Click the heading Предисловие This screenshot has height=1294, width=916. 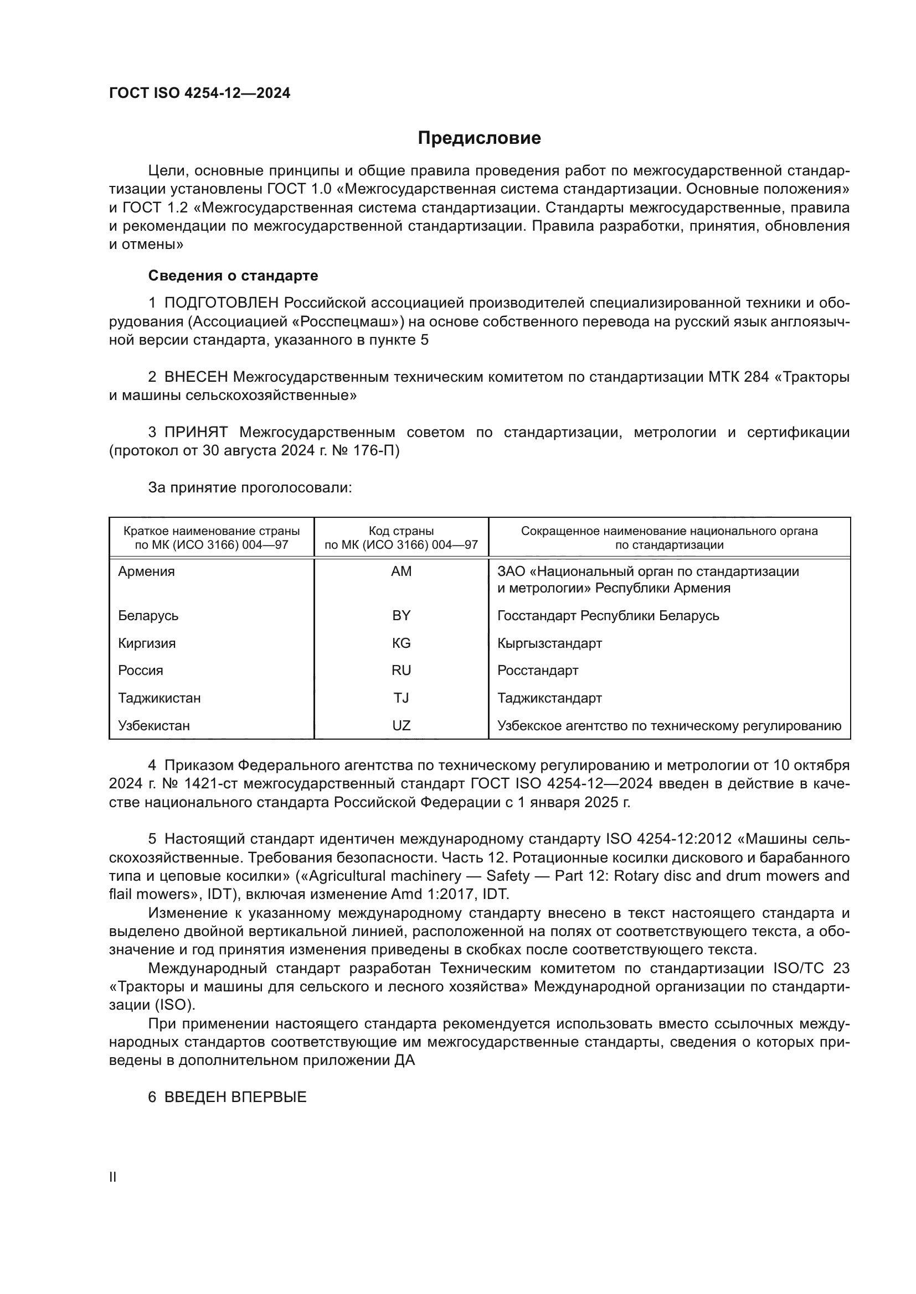(x=479, y=138)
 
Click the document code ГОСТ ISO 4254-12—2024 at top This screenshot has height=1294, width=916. (x=200, y=93)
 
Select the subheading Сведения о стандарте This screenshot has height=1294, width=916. (x=233, y=276)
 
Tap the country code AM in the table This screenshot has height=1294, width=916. (x=401, y=571)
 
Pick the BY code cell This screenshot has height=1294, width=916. (x=401, y=615)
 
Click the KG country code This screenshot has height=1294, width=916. (x=401, y=643)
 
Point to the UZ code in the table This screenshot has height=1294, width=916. (x=401, y=725)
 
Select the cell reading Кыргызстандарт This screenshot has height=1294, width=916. (x=549, y=643)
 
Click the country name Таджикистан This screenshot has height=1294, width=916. (x=159, y=698)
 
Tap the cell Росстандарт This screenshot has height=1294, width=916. (x=538, y=670)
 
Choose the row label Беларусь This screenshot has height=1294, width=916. (x=148, y=615)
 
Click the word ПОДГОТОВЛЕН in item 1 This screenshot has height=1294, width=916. (x=221, y=303)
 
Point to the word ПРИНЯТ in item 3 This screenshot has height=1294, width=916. (x=195, y=432)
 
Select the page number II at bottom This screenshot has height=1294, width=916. (x=113, y=1177)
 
